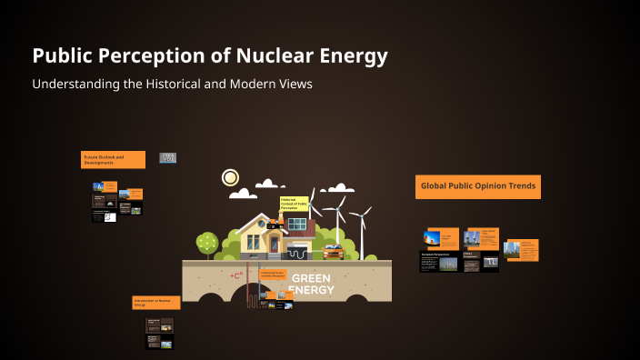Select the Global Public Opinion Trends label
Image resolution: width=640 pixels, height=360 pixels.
[x=478, y=186]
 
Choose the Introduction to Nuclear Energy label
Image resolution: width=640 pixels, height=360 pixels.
[x=155, y=303]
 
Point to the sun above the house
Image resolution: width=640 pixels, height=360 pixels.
[x=230, y=177]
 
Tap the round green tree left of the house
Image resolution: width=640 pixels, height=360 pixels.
[x=207, y=243]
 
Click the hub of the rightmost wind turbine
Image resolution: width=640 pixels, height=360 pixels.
[x=361, y=215]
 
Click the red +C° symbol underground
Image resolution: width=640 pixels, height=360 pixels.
[x=238, y=275]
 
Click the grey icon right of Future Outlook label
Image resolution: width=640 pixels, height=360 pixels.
[x=168, y=157]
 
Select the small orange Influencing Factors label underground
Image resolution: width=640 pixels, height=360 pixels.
[x=274, y=274]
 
